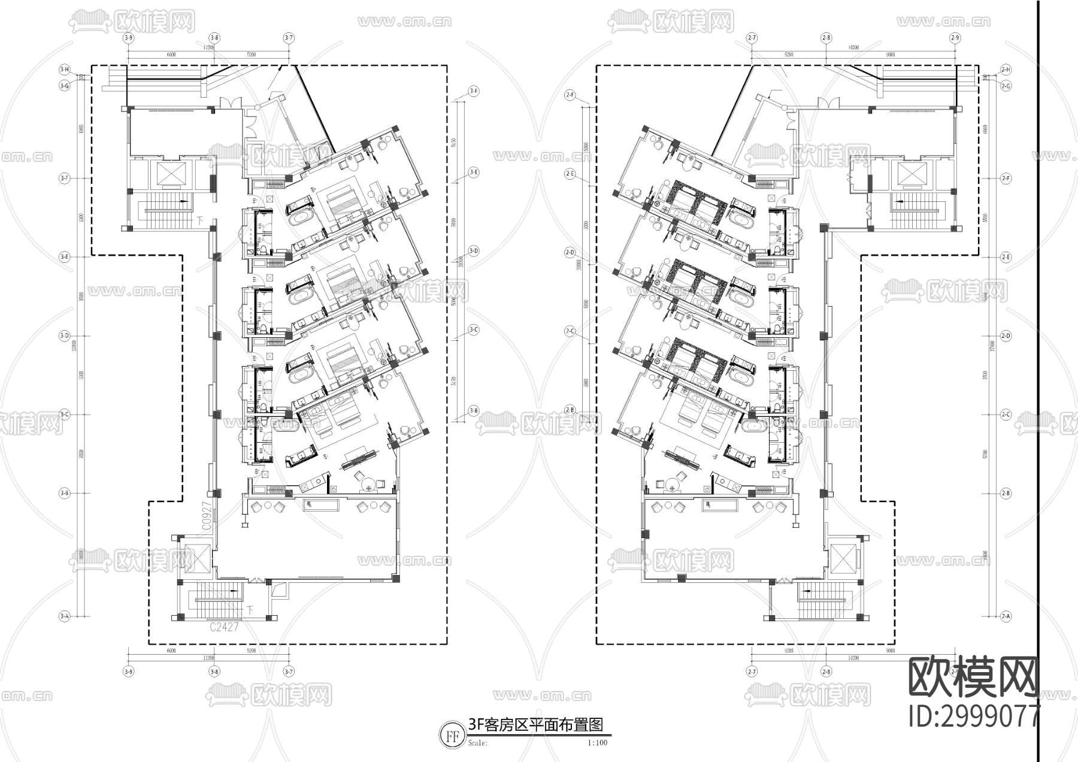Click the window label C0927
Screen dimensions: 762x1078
point(205,515)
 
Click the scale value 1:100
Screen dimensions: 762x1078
point(597,743)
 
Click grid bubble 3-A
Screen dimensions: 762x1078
point(64,616)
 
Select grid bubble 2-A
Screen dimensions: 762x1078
point(1006,616)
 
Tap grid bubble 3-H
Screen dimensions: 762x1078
point(64,69)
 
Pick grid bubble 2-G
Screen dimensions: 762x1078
point(1006,86)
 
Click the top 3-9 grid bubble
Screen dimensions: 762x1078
point(128,38)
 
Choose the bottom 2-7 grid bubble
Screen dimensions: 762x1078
point(752,672)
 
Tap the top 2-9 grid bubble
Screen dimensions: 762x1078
point(955,38)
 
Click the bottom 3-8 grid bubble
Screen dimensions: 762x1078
point(214,672)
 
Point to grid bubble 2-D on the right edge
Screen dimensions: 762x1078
point(1006,336)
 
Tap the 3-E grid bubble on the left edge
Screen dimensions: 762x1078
point(64,257)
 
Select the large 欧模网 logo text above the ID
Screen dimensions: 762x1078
point(974,677)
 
